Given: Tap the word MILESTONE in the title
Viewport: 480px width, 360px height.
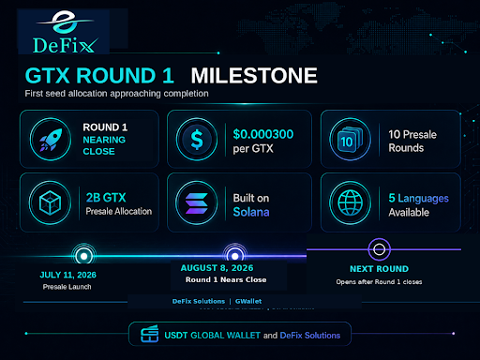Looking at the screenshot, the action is point(254,76).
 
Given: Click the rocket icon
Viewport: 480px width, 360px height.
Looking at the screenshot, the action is point(51,140).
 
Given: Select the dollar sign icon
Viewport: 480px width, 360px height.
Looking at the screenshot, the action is point(197,140).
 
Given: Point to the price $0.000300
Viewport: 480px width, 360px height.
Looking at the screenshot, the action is point(263,134).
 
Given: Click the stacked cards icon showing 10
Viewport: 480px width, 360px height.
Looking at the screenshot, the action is point(350,140).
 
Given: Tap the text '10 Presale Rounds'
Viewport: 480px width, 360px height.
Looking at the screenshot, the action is point(412,141).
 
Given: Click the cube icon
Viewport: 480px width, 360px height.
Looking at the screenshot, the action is point(50,202).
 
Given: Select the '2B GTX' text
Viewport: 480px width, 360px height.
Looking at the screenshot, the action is point(106,198).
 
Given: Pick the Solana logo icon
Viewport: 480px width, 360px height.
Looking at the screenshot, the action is point(197,203).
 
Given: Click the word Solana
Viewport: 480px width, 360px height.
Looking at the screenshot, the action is point(251,212).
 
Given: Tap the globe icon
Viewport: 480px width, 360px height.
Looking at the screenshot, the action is point(351,202).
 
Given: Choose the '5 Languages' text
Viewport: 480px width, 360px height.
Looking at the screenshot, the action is point(419,199).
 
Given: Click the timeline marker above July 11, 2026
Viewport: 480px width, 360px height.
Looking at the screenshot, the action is point(83,256).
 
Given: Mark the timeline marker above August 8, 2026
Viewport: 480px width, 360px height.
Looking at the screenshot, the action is point(235,256).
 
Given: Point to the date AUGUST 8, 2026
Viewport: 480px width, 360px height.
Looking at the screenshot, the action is point(217,268).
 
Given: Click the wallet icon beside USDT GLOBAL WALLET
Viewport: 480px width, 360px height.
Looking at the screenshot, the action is point(149,334).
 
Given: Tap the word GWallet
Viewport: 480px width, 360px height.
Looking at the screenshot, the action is point(248,301).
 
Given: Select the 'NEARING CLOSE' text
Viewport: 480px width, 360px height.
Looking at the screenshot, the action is point(104,145).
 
